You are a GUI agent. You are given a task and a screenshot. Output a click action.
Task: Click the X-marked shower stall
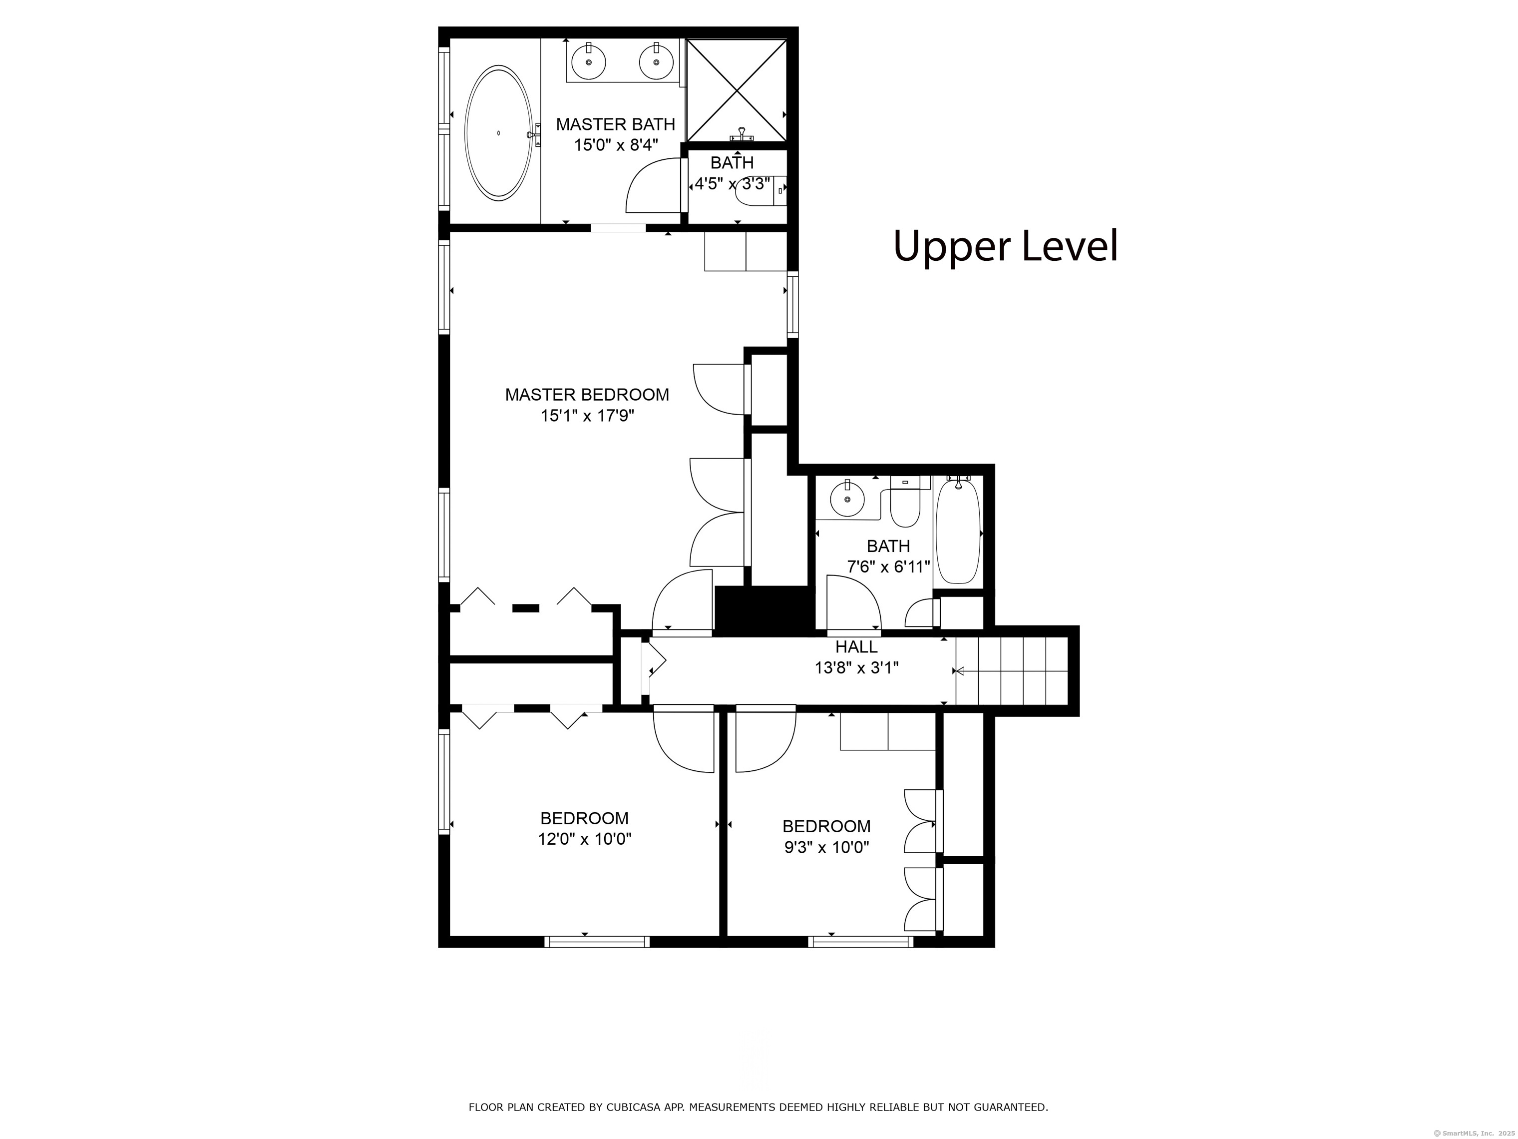click(737, 90)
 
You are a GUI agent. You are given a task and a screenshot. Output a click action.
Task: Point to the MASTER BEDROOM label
click(587, 395)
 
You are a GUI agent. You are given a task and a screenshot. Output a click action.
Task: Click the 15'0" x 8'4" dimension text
click(616, 145)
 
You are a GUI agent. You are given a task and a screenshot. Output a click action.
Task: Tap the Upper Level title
click(1005, 246)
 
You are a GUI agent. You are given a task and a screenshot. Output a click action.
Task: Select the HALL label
click(856, 647)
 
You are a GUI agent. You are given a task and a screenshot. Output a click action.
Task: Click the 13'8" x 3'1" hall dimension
click(856, 667)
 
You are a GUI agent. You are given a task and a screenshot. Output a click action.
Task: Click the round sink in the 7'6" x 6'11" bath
click(847, 499)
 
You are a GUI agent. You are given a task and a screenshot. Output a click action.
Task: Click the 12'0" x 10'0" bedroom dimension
click(585, 839)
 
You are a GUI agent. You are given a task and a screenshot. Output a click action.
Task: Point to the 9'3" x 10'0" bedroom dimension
click(827, 847)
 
